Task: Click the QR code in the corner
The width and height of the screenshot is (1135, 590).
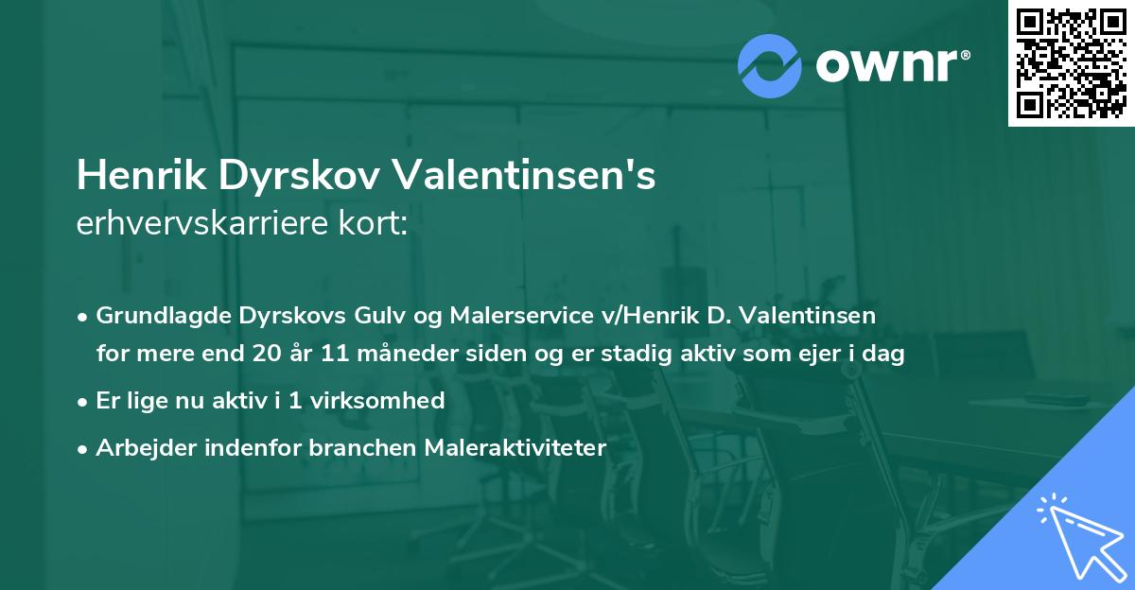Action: point(1072,62)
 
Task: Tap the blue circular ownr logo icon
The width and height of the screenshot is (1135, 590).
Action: point(770,66)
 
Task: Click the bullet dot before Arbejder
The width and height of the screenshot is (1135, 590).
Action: point(84,448)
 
